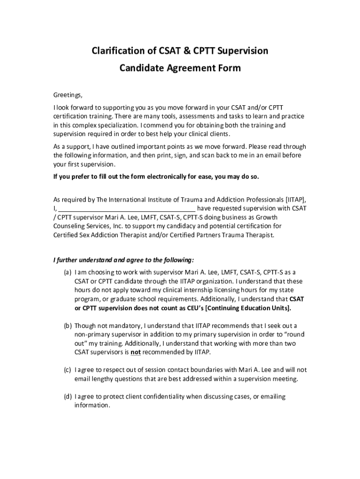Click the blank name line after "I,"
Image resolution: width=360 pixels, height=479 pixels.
(x=126, y=208)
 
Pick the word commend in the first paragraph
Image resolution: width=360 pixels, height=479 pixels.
(x=156, y=125)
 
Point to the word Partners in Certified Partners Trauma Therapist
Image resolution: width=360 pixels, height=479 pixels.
(x=208, y=235)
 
